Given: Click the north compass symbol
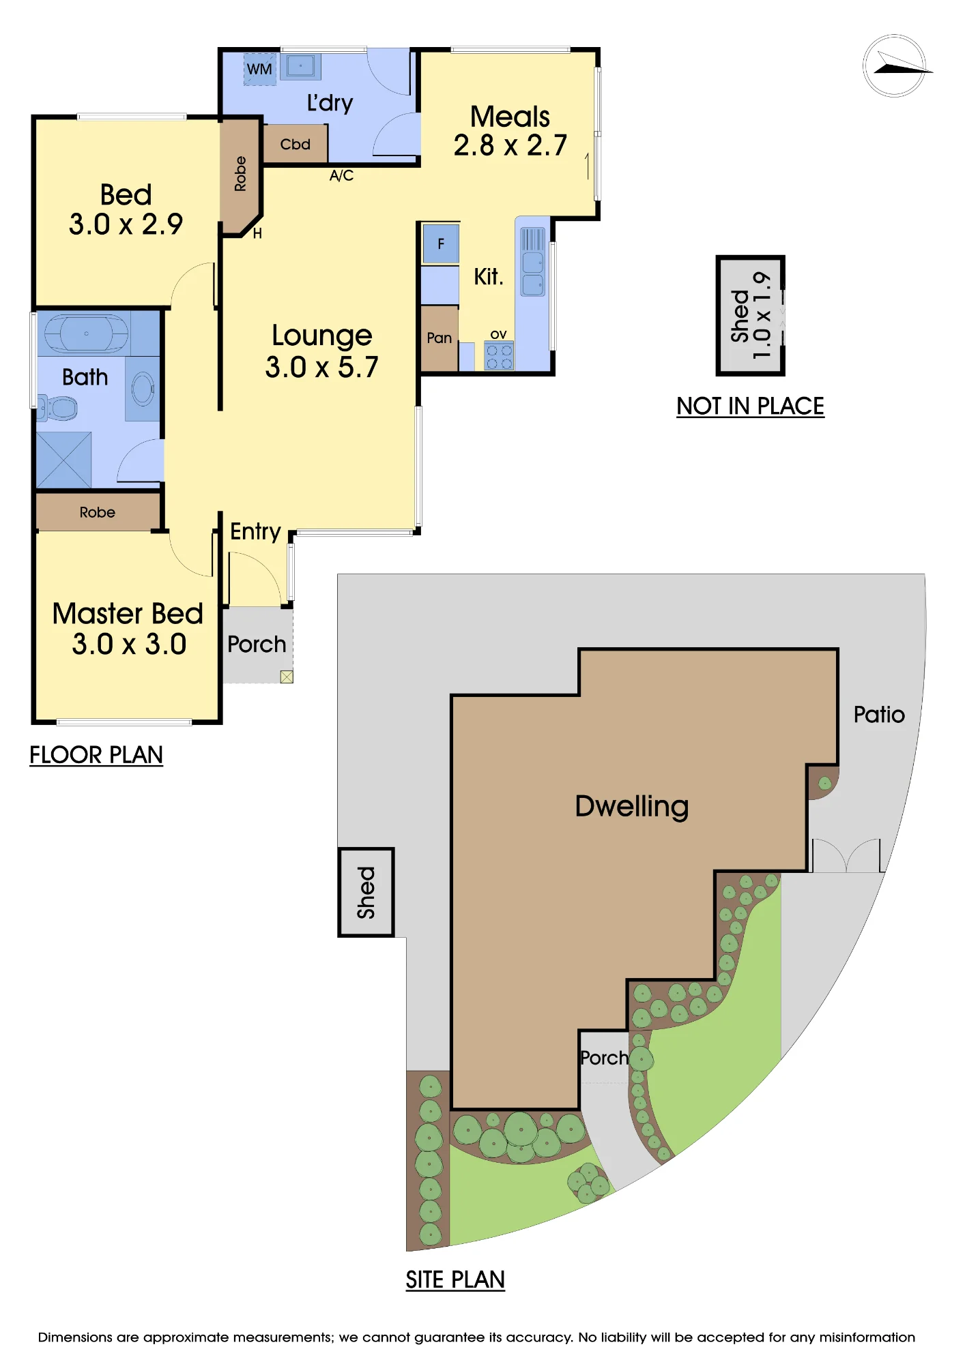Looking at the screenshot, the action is pyautogui.click(x=895, y=65).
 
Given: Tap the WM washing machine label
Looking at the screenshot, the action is pyautogui.click(x=259, y=69).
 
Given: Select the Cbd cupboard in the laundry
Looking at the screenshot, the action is pyautogui.click(x=295, y=144).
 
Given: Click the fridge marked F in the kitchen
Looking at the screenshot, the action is pyautogui.click(x=441, y=243).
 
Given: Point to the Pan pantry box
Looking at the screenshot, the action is pyautogui.click(x=439, y=338).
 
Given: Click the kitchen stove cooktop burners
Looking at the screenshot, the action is pyautogui.click(x=499, y=356).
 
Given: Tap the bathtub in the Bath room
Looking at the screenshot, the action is pyautogui.click(x=86, y=333).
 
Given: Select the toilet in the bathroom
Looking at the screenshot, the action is pyautogui.click(x=57, y=409).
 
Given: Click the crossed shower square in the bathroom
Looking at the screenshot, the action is pyautogui.click(x=63, y=460).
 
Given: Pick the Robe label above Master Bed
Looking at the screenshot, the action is pyautogui.click(x=97, y=512).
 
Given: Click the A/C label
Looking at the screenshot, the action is pyautogui.click(x=341, y=175).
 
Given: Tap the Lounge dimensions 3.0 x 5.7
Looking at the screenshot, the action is pyautogui.click(x=321, y=367).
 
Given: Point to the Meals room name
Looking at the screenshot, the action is pyautogui.click(x=510, y=117).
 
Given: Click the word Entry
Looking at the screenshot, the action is pyautogui.click(x=255, y=531).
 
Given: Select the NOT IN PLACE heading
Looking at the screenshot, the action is pyautogui.click(x=750, y=406).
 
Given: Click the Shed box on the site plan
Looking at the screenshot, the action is pyautogui.click(x=366, y=892).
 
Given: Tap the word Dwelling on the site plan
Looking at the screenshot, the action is pyautogui.click(x=632, y=806).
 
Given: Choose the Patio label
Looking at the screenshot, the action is pyautogui.click(x=879, y=714).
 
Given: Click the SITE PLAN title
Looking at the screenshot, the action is pyautogui.click(x=455, y=1279).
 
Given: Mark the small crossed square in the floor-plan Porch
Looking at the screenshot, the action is pyautogui.click(x=287, y=677).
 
